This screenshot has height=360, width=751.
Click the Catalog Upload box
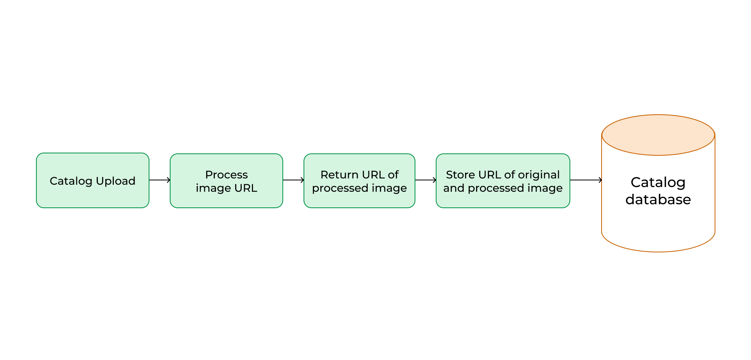point(93,180)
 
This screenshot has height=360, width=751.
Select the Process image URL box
point(226,181)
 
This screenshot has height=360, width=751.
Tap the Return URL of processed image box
point(359,181)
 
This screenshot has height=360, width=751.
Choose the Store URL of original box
point(503,181)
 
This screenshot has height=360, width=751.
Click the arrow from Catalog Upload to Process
point(160,180)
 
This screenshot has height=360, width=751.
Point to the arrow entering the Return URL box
point(293,180)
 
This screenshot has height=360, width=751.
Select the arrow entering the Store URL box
point(426,180)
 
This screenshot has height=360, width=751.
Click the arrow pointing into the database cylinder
point(586,180)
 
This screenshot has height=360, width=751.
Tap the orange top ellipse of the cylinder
point(658,135)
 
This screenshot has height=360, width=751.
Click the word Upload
point(115,181)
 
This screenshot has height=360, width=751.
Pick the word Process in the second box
point(226,175)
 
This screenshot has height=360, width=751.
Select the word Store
point(460,175)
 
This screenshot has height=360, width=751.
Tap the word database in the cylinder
point(658,200)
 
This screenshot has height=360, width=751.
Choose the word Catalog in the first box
point(71,181)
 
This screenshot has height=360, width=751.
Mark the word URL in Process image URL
point(246,188)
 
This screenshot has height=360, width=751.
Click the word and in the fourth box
point(454,188)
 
